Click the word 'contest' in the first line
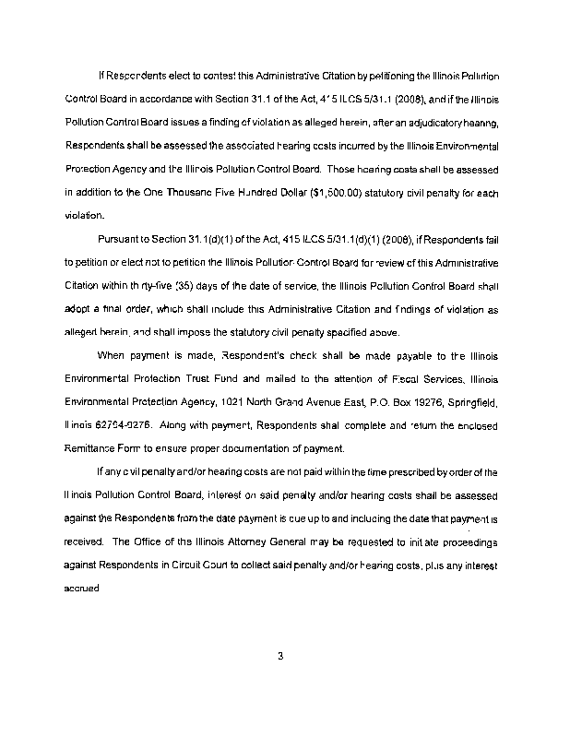(x=219, y=73)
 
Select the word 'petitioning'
(x=411, y=73)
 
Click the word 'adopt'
(x=81, y=313)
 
